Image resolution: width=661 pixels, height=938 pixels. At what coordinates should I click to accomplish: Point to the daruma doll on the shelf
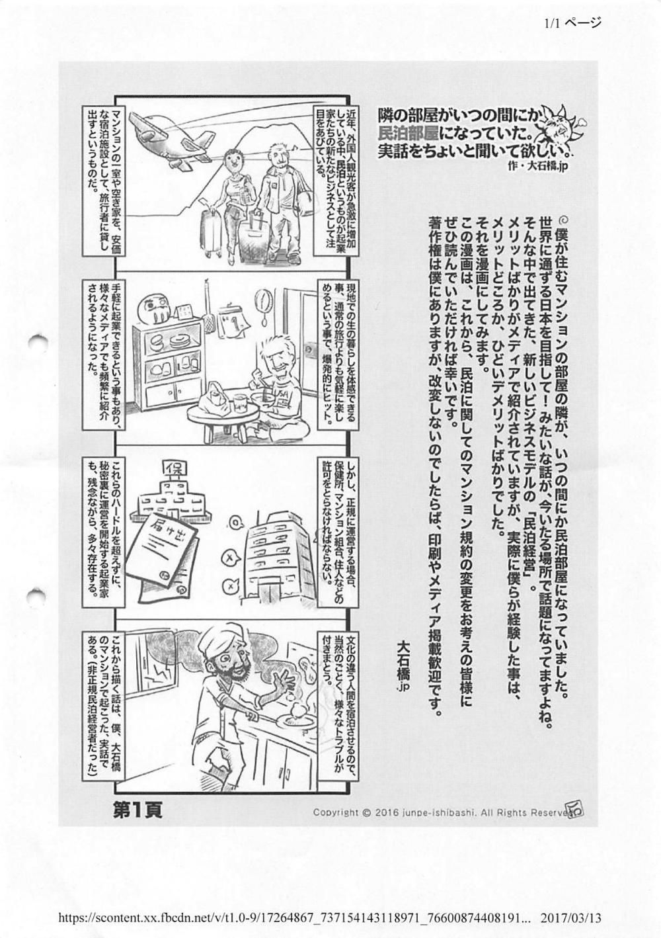tap(153, 310)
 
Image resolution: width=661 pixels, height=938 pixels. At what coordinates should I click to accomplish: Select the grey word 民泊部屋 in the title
tap(408, 134)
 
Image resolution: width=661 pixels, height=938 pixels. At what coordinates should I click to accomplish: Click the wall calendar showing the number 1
tap(227, 322)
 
